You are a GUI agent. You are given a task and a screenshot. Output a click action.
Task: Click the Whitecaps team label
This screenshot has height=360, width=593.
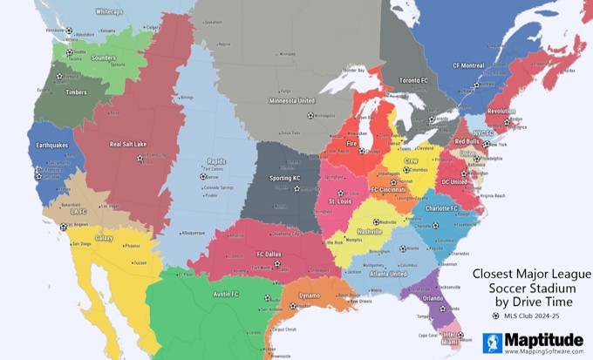click(109, 12)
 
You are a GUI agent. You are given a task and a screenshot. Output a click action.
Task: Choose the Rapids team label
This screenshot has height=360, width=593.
click(216, 160)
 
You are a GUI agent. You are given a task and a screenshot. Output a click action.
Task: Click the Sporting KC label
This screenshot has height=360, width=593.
click(284, 178)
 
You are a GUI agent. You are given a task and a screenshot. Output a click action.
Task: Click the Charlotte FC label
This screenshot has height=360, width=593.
click(441, 208)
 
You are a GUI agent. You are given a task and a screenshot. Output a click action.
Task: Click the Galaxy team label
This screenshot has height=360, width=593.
click(104, 237)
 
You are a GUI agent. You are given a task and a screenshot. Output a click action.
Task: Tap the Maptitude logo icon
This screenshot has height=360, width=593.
click(492, 343)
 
